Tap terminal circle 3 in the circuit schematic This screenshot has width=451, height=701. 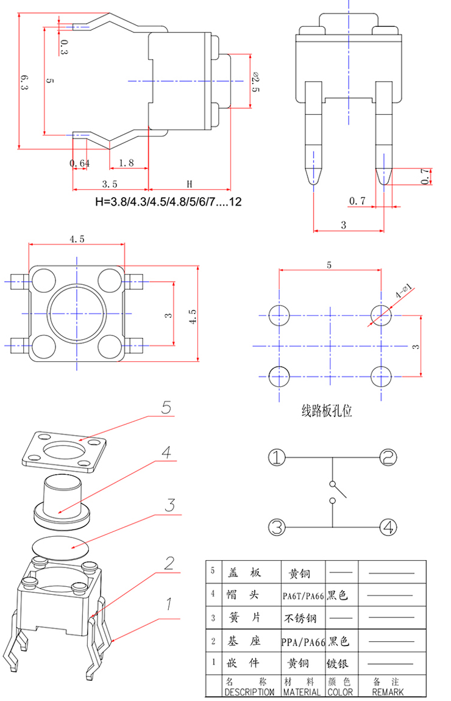(277, 527)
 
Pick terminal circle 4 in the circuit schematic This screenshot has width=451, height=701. (389, 527)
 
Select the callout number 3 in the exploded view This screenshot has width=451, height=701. (170, 505)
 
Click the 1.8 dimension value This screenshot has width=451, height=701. (126, 163)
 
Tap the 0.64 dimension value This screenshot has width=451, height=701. (80, 163)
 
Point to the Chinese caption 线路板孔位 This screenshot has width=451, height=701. (327, 411)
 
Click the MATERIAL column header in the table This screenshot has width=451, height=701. (302, 692)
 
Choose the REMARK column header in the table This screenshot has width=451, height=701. (388, 692)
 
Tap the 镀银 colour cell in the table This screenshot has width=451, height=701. (339, 664)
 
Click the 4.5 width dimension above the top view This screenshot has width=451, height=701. (77, 239)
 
